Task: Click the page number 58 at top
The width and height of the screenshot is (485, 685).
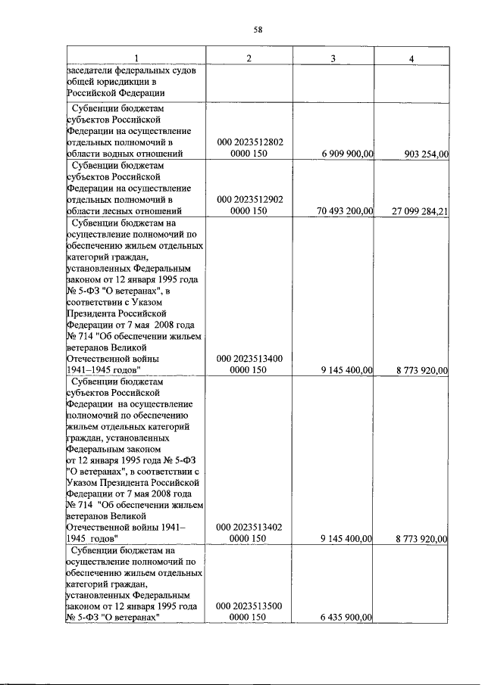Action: click(x=258, y=30)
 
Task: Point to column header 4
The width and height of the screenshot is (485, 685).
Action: click(x=411, y=59)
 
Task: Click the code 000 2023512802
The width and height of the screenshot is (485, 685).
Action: click(x=249, y=142)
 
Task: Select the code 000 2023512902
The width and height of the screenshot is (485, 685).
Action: click(x=249, y=199)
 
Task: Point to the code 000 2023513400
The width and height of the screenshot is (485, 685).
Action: click(x=249, y=358)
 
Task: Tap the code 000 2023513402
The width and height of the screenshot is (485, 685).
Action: click(x=249, y=528)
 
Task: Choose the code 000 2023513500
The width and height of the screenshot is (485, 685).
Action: click(x=249, y=606)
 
